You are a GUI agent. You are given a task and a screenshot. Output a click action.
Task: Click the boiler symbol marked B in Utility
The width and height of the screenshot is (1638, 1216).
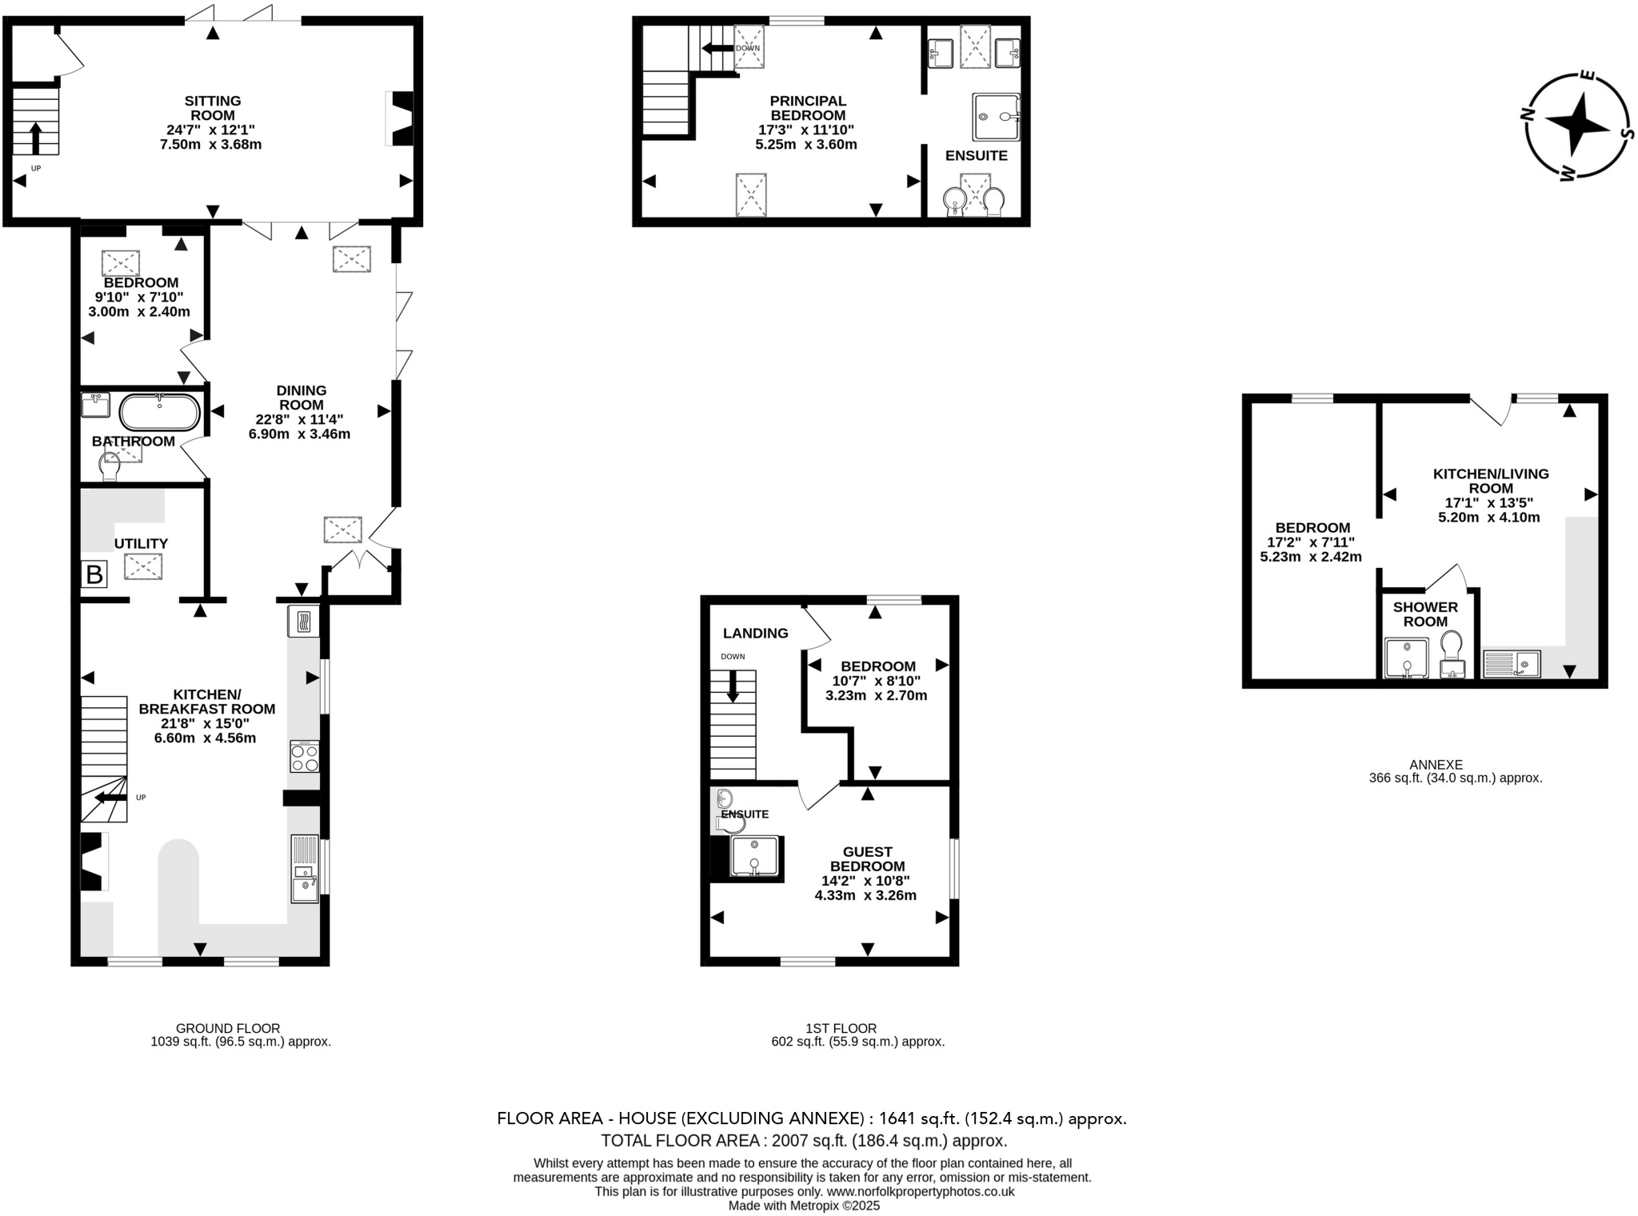click(94, 574)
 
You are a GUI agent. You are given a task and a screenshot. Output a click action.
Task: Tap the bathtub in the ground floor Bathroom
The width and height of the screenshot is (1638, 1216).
click(160, 413)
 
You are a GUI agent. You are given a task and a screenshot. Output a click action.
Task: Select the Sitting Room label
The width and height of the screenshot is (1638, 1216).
click(213, 108)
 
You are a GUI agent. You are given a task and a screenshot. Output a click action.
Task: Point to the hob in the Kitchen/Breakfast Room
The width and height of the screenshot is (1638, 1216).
click(305, 756)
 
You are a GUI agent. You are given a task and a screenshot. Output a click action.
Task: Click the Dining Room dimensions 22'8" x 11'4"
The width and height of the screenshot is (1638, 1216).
click(299, 419)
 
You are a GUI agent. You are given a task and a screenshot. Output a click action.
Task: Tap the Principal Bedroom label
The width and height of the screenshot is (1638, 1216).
click(807, 108)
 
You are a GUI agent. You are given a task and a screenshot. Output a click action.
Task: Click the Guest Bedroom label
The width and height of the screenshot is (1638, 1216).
click(867, 858)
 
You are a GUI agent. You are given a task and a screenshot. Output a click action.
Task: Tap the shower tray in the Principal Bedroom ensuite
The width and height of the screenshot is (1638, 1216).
click(996, 117)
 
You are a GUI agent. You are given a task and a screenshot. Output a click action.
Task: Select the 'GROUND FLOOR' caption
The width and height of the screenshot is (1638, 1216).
click(228, 1028)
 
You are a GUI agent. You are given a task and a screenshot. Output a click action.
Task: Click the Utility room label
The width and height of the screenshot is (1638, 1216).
click(141, 544)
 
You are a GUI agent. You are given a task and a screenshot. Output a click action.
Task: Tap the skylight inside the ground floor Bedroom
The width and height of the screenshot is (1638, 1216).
click(121, 263)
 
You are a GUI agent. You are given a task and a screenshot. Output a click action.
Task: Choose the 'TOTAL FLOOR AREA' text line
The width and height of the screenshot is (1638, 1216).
click(803, 1141)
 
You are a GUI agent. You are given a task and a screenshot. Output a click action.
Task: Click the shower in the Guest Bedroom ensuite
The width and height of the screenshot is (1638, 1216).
click(754, 856)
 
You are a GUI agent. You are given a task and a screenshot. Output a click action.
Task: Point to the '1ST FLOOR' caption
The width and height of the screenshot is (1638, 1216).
click(841, 1028)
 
